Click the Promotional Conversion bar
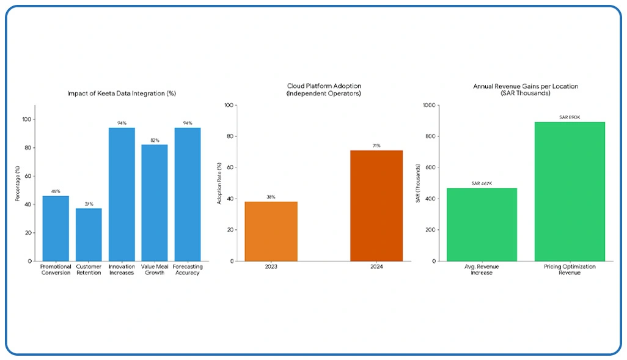[56, 228]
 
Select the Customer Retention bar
[89, 234]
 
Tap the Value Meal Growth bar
[155, 202]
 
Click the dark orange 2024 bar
[376, 205]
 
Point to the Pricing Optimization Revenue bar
[570, 191]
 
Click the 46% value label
[56, 191]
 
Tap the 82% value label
[155, 140]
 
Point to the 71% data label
[376, 145]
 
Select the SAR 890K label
[570, 117]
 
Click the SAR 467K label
[482, 183]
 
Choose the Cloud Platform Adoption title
[315, 89]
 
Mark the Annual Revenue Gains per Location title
[526, 89]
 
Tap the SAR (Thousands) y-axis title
[419, 183]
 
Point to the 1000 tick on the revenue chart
[430, 105]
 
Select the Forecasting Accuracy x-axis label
[188, 270]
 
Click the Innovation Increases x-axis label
[122, 270]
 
